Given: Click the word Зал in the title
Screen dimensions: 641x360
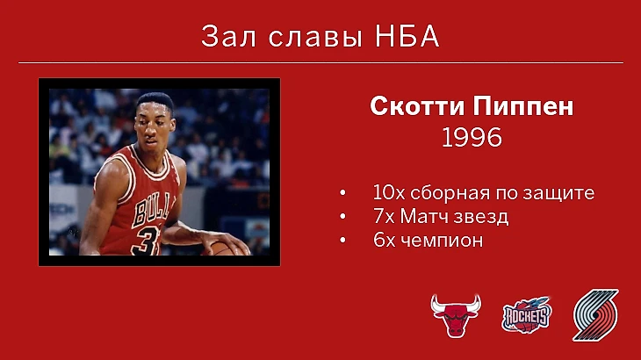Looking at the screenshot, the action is tap(228, 36).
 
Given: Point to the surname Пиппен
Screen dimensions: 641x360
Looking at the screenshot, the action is tap(523, 106).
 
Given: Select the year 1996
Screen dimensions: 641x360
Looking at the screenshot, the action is tap(472, 137).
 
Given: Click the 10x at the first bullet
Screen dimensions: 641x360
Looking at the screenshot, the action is tap(389, 192).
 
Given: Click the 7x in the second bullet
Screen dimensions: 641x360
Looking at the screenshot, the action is tap(384, 216).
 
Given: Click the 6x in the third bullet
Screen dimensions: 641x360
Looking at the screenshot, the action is tap(385, 241).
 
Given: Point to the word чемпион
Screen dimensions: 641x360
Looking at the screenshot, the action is tap(442, 241).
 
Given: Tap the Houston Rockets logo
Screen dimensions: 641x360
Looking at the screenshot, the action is tap(527, 314).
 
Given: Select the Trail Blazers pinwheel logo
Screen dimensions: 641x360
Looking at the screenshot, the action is tap(595, 315).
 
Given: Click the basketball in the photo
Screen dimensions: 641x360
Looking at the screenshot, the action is tap(222, 248).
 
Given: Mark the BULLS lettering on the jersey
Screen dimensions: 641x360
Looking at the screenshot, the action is tap(150, 211).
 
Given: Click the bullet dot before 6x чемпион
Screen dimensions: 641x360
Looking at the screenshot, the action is tap(342, 240).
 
